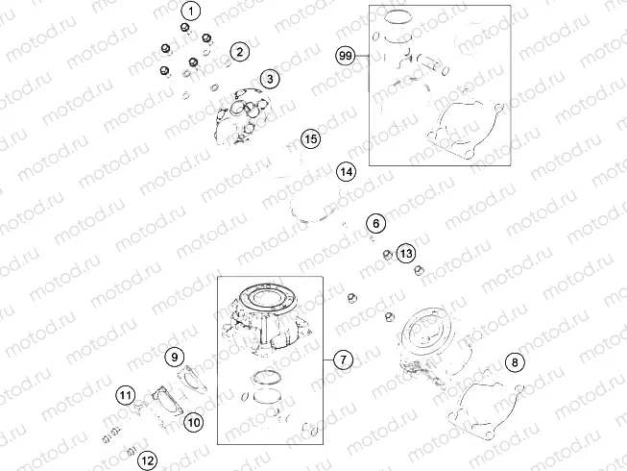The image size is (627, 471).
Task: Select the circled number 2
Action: point(239,51)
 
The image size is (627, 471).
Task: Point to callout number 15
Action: point(310,140)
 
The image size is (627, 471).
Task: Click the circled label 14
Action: point(346,173)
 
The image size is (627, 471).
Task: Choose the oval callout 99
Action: point(346,56)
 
